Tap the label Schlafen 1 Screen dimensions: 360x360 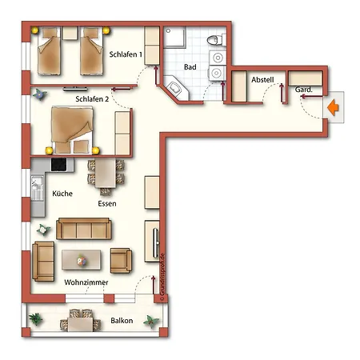126,55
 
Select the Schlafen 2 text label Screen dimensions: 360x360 90,98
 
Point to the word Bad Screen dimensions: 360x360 190,67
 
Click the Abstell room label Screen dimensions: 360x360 262,81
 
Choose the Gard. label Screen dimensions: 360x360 304,90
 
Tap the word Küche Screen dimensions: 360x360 62,194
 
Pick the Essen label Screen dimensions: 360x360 107,203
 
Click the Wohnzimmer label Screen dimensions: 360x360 86,282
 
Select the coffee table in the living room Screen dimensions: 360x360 81,258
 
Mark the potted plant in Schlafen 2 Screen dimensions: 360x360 38,94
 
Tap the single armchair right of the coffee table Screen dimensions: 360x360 121,259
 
